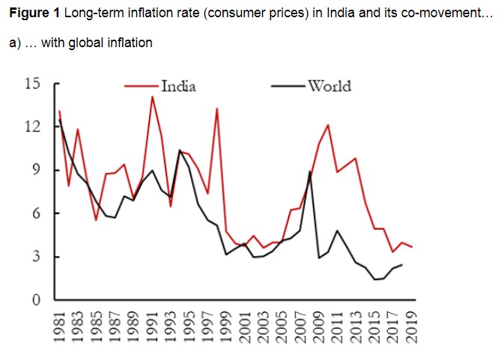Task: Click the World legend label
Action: [330, 86]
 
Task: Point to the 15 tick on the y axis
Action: [32, 83]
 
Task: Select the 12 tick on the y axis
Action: [32, 126]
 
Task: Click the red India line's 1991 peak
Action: [153, 97]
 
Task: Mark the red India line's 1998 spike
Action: [217, 109]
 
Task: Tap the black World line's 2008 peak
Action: [310, 172]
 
